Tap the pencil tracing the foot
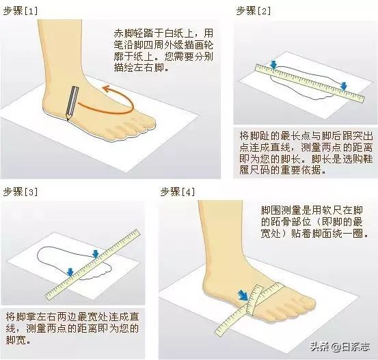(72, 102)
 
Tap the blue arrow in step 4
(243, 295)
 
